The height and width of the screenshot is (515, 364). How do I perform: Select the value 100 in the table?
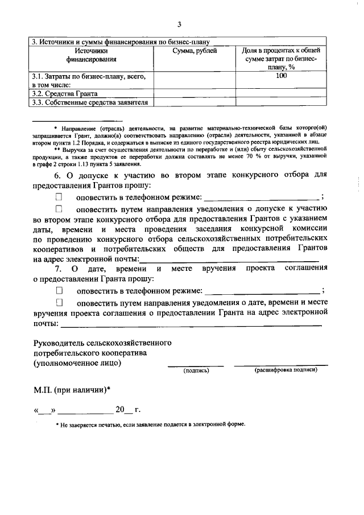[x=281, y=76]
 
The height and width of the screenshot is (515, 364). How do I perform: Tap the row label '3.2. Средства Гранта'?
[x=65, y=93]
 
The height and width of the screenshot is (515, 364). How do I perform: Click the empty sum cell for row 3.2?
[x=194, y=93]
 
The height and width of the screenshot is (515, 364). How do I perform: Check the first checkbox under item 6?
[x=59, y=197]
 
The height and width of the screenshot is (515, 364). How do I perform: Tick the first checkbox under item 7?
[x=59, y=290]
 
